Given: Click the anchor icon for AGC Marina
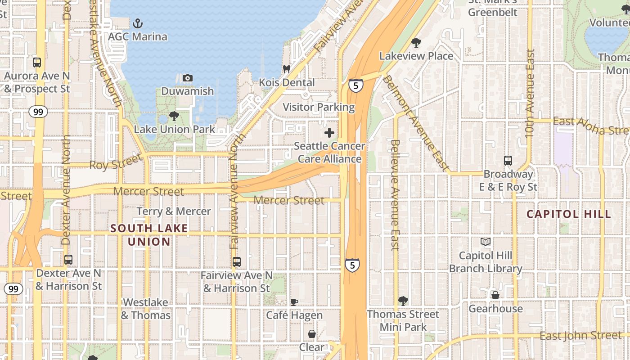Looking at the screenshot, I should coord(137,23).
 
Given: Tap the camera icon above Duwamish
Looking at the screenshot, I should coord(188,78).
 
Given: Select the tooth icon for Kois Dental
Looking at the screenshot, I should coord(286,69).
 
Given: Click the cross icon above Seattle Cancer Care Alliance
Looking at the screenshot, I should coord(329,133).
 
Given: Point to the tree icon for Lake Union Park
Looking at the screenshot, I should coord(174,117).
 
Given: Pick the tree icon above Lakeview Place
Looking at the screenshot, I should coord(416,43).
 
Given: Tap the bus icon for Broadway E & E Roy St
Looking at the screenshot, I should coord(508,161).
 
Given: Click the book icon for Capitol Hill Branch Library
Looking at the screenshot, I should coord(486,243).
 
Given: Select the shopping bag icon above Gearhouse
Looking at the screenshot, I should coord(495,295).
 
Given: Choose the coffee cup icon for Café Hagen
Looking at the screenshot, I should coord(294,302).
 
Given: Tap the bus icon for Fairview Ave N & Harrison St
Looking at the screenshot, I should coord(237,261).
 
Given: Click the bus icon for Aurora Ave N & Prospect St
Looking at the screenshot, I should coord(37,63).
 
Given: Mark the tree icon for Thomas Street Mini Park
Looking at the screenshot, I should coord(403,301).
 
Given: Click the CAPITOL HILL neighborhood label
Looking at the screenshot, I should coord(569,214).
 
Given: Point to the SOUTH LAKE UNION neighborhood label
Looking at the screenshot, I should coord(149,235).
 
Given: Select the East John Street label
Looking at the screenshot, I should coord(580,336).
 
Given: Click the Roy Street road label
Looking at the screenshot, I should coord(116,163).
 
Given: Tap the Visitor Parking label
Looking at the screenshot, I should coord(319,107).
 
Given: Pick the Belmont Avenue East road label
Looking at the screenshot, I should coord(416,123).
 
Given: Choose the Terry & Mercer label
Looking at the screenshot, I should coord(174,211).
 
